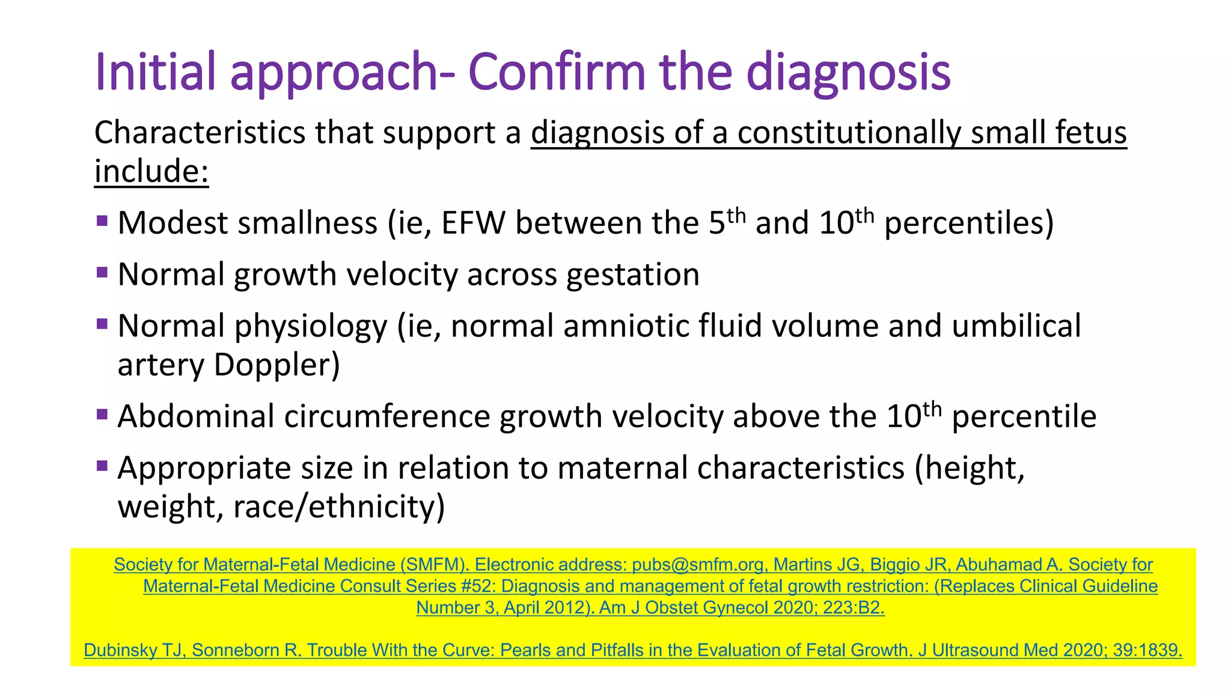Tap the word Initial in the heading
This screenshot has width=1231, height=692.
pyautogui.click(x=155, y=72)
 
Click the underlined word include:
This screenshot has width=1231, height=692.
pyautogui.click(x=151, y=171)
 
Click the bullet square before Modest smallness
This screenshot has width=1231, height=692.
pyautogui.click(x=102, y=221)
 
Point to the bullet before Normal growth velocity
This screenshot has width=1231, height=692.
pyautogui.click(x=102, y=273)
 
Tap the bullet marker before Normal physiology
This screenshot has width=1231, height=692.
pyautogui.click(x=102, y=324)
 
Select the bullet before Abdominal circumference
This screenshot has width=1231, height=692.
pyautogui.click(x=102, y=414)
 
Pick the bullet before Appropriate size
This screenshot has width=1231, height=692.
pyautogui.click(x=102, y=466)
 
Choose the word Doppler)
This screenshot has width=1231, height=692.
pyautogui.click(x=277, y=365)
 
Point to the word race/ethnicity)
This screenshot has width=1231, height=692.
pyautogui.click(x=339, y=506)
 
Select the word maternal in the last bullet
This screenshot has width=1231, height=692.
pyautogui.click(x=622, y=468)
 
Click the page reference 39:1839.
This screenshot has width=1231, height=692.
pyautogui.click(x=1147, y=651)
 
